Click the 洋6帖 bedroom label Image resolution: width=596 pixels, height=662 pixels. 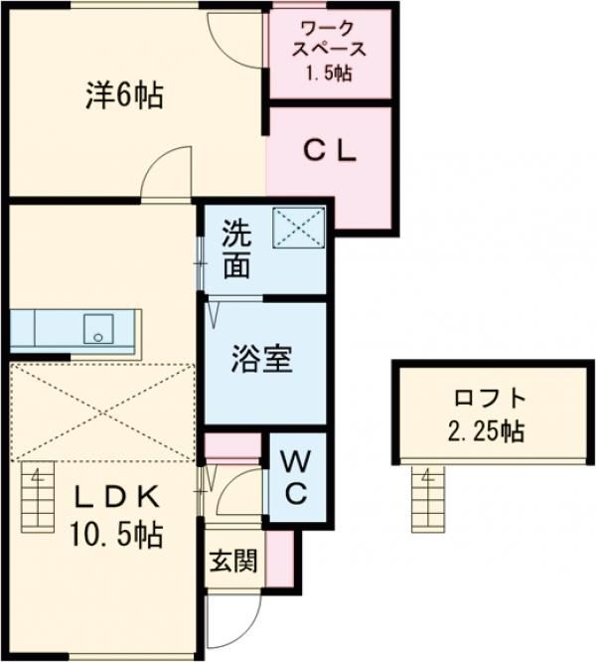(124, 96)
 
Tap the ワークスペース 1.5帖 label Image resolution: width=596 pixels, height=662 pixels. (330, 51)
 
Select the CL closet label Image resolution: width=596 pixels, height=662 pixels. (330, 152)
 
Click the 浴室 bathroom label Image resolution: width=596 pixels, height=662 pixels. (262, 359)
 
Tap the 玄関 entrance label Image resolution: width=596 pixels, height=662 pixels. (233, 561)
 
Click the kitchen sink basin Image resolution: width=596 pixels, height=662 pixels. (98, 329)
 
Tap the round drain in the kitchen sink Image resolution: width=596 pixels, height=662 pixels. (98, 337)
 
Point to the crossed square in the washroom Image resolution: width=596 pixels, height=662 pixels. (299, 228)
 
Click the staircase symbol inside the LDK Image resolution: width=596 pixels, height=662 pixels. (38, 497)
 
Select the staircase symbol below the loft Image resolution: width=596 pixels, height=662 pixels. (428, 499)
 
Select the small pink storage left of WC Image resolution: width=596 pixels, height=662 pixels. (232, 446)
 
